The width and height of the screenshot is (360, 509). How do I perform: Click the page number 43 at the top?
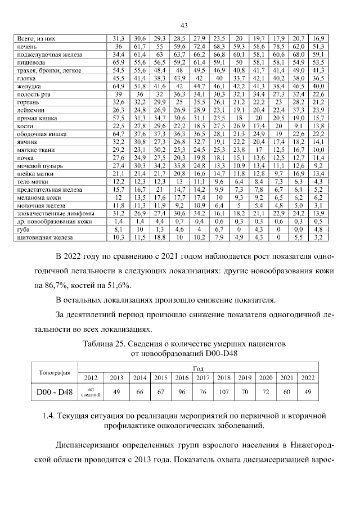[184, 25]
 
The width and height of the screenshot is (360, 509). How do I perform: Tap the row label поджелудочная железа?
[49, 55]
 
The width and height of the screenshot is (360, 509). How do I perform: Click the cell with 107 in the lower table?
[223, 391]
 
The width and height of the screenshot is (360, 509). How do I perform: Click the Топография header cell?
[55, 372]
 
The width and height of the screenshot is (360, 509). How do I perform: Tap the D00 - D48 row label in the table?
[55, 391]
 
